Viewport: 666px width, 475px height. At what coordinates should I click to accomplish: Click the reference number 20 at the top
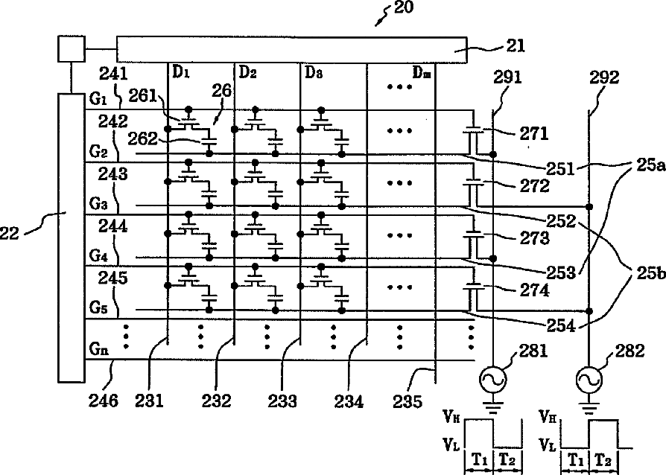coord(404,7)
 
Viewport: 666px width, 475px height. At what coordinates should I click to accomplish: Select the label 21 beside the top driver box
coord(516,45)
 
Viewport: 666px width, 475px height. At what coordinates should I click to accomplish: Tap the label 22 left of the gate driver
coord(9,233)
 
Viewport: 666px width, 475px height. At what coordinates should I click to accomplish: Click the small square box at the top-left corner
coord(72,49)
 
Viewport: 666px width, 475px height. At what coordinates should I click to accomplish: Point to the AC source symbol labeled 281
coord(492,380)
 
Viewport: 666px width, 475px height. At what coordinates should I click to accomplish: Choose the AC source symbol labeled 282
coord(589,380)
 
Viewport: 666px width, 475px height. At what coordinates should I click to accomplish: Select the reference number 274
coord(534,290)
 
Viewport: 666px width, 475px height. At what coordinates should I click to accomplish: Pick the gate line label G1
coord(98,99)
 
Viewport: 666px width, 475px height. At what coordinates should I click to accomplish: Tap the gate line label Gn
coord(99,349)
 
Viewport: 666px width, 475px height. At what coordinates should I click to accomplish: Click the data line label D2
coord(247,72)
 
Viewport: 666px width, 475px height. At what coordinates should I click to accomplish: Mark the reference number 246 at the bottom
coord(104,401)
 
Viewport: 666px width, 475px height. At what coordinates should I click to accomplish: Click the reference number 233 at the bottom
coord(282,401)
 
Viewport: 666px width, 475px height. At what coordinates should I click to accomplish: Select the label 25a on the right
coord(650,165)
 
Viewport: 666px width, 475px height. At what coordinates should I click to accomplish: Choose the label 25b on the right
coord(650,274)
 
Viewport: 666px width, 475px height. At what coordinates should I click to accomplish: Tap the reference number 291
coord(507,77)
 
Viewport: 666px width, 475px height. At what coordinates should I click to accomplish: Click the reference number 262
coord(143,138)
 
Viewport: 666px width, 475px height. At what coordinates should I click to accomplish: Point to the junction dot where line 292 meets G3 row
coord(589,207)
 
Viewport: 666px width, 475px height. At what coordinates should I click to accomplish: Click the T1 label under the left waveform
coord(480,459)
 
